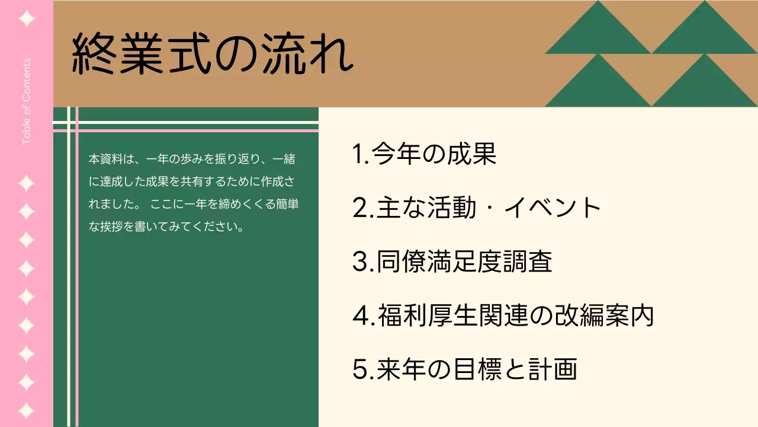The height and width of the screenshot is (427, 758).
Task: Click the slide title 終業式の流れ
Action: (212, 55)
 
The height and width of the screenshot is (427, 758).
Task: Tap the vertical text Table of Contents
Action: (26, 101)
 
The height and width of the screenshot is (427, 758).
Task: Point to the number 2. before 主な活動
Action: (362, 208)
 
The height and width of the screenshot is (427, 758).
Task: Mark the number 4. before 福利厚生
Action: (363, 316)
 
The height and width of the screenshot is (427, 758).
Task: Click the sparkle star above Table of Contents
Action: (27, 19)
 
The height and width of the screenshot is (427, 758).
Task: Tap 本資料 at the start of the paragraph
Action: (102, 159)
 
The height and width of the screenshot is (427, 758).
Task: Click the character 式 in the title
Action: (188, 55)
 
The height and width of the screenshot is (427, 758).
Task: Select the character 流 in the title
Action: (283, 55)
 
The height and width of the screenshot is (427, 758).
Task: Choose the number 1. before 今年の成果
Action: (361, 154)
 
